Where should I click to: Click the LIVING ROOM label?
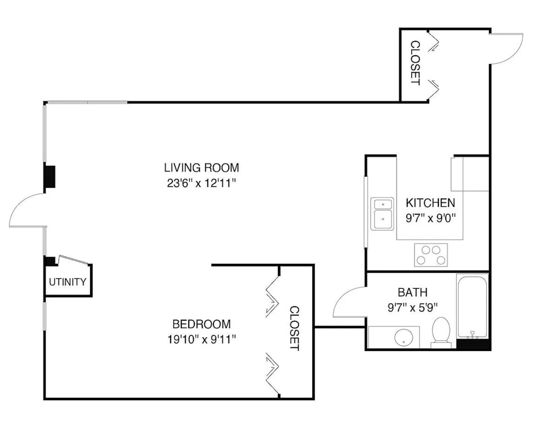tap(201, 168)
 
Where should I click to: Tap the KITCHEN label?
tap(430, 203)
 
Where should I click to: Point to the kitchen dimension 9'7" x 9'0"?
tap(430, 218)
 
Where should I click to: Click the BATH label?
tap(412, 292)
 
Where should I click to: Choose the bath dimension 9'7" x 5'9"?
tap(412, 307)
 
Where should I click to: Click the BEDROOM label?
tap(201, 324)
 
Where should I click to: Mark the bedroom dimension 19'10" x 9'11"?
tap(201, 339)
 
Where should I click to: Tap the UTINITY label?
tap(67, 282)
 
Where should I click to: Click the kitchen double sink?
tap(382, 214)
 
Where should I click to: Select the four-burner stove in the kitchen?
tap(431, 255)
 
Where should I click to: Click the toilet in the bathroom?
tap(441, 332)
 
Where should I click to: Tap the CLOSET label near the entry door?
tap(415, 63)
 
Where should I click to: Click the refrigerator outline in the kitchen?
tap(470, 174)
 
